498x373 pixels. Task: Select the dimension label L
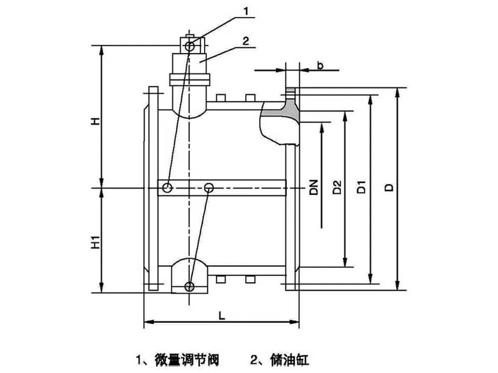point(221,315)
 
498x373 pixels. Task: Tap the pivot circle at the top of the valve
point(189,47)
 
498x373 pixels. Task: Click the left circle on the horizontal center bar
point(167,188)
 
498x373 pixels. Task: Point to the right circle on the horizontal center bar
point(209,187)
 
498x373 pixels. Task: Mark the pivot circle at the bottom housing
point(189,286)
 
